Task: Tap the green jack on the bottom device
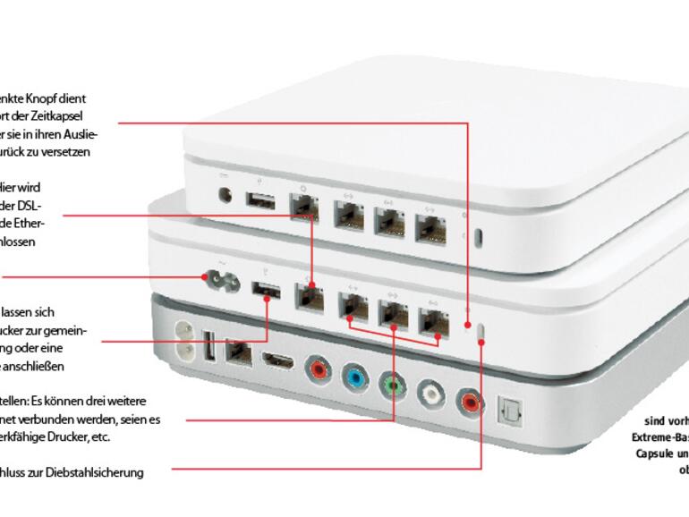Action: point(392,383)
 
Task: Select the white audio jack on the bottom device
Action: point(430,391)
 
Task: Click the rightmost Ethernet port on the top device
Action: point(430,228)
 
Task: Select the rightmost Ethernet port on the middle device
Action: point(435,318)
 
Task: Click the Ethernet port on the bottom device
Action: point(238,352)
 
